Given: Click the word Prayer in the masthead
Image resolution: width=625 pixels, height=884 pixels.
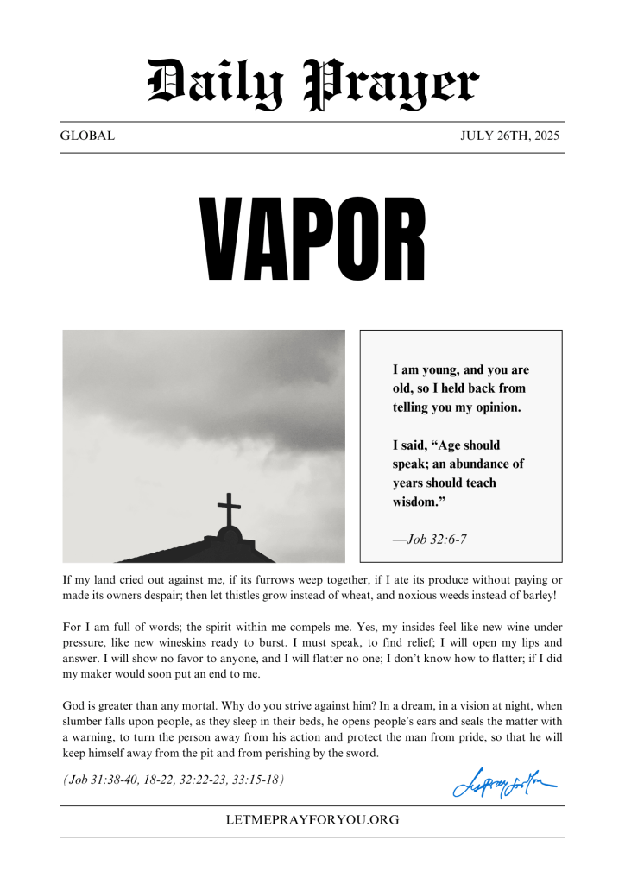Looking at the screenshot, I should (393, 85).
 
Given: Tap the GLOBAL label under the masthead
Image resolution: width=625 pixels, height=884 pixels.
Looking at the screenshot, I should (87, 136).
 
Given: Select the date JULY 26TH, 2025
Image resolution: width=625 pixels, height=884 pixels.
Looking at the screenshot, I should (510, 136).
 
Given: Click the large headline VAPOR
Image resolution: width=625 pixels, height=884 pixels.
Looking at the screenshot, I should (312, 240).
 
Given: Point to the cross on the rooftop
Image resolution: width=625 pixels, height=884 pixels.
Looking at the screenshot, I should (229, 511).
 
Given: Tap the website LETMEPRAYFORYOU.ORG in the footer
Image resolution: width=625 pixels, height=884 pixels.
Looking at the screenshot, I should (312, 820).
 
